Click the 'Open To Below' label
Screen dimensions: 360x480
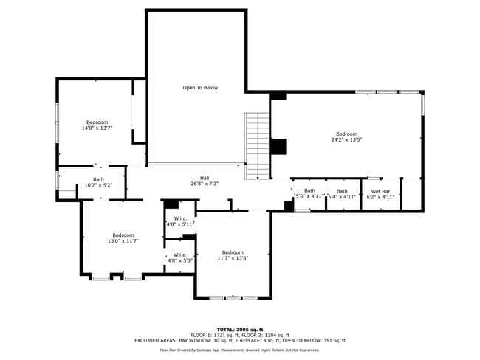(x=200, y=88)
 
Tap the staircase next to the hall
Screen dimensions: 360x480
(x=257, y=145)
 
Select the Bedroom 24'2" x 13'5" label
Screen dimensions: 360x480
(x=346, y=136)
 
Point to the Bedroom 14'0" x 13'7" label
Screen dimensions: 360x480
(x=97, y=125)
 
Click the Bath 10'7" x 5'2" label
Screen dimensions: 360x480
(x=98, y=182)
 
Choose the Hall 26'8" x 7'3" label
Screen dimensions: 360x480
(x=205, y=181)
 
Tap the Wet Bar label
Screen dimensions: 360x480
(x=380, y=194)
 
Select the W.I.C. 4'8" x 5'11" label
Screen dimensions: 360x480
(x=180, y=221)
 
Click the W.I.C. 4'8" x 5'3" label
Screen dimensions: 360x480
(x=180, y=257)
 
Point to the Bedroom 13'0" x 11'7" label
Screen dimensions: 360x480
(x=123, y=238)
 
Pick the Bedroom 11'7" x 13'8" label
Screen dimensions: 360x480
(x=233, y=255)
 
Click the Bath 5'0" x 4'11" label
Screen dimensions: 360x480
(x=309, y=193)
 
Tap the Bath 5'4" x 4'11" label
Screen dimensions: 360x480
(x=342, y=194)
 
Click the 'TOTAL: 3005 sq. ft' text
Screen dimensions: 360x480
(x=239, y=329)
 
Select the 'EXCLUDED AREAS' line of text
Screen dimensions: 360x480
(x=239, y=341)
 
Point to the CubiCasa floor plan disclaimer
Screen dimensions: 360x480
(x=239, y=350)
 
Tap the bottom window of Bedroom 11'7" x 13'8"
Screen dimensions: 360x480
(x=233, y=297)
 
